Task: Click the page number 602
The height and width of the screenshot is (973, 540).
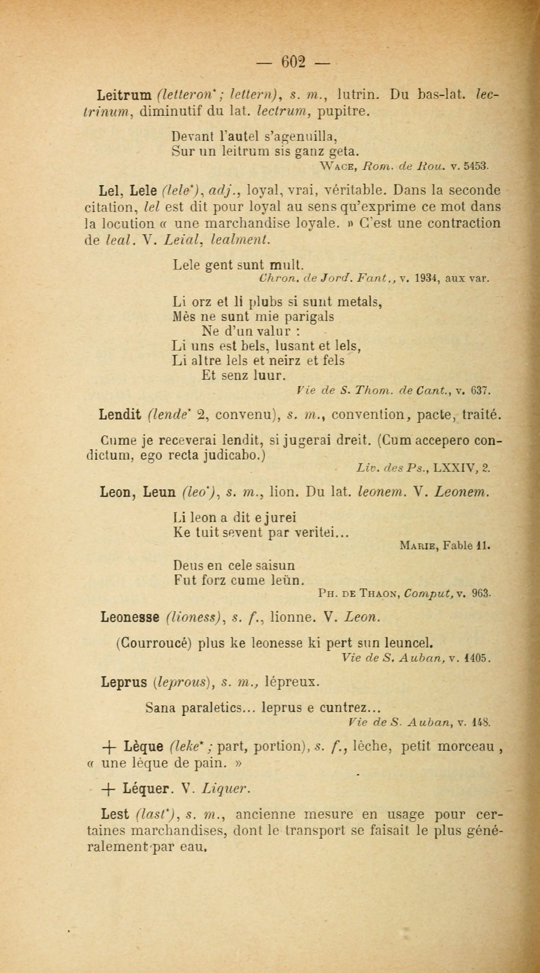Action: [x=293, y=61]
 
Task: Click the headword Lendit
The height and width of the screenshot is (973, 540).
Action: [x=120, y=415]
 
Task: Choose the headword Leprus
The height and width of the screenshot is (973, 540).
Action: [x=124, y=682]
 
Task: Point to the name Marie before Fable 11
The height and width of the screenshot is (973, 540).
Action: [x=419, y=546]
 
